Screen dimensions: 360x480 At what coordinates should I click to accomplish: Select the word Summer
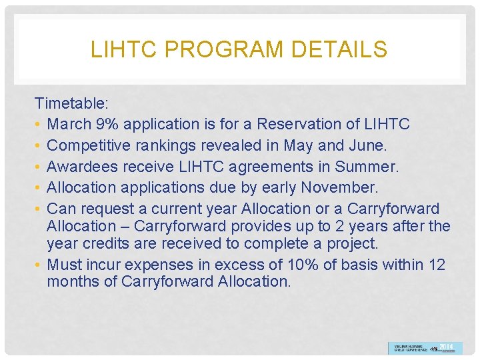(365, 167)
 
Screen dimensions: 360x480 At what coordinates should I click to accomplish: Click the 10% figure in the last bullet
(303, 265)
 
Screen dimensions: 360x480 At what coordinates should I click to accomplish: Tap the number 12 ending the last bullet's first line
(437, 265)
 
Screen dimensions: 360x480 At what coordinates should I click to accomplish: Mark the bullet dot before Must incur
(39, 265)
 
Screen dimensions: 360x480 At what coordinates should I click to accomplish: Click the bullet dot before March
(39, 124)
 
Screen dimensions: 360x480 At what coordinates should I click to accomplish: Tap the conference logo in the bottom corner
(425, 348)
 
